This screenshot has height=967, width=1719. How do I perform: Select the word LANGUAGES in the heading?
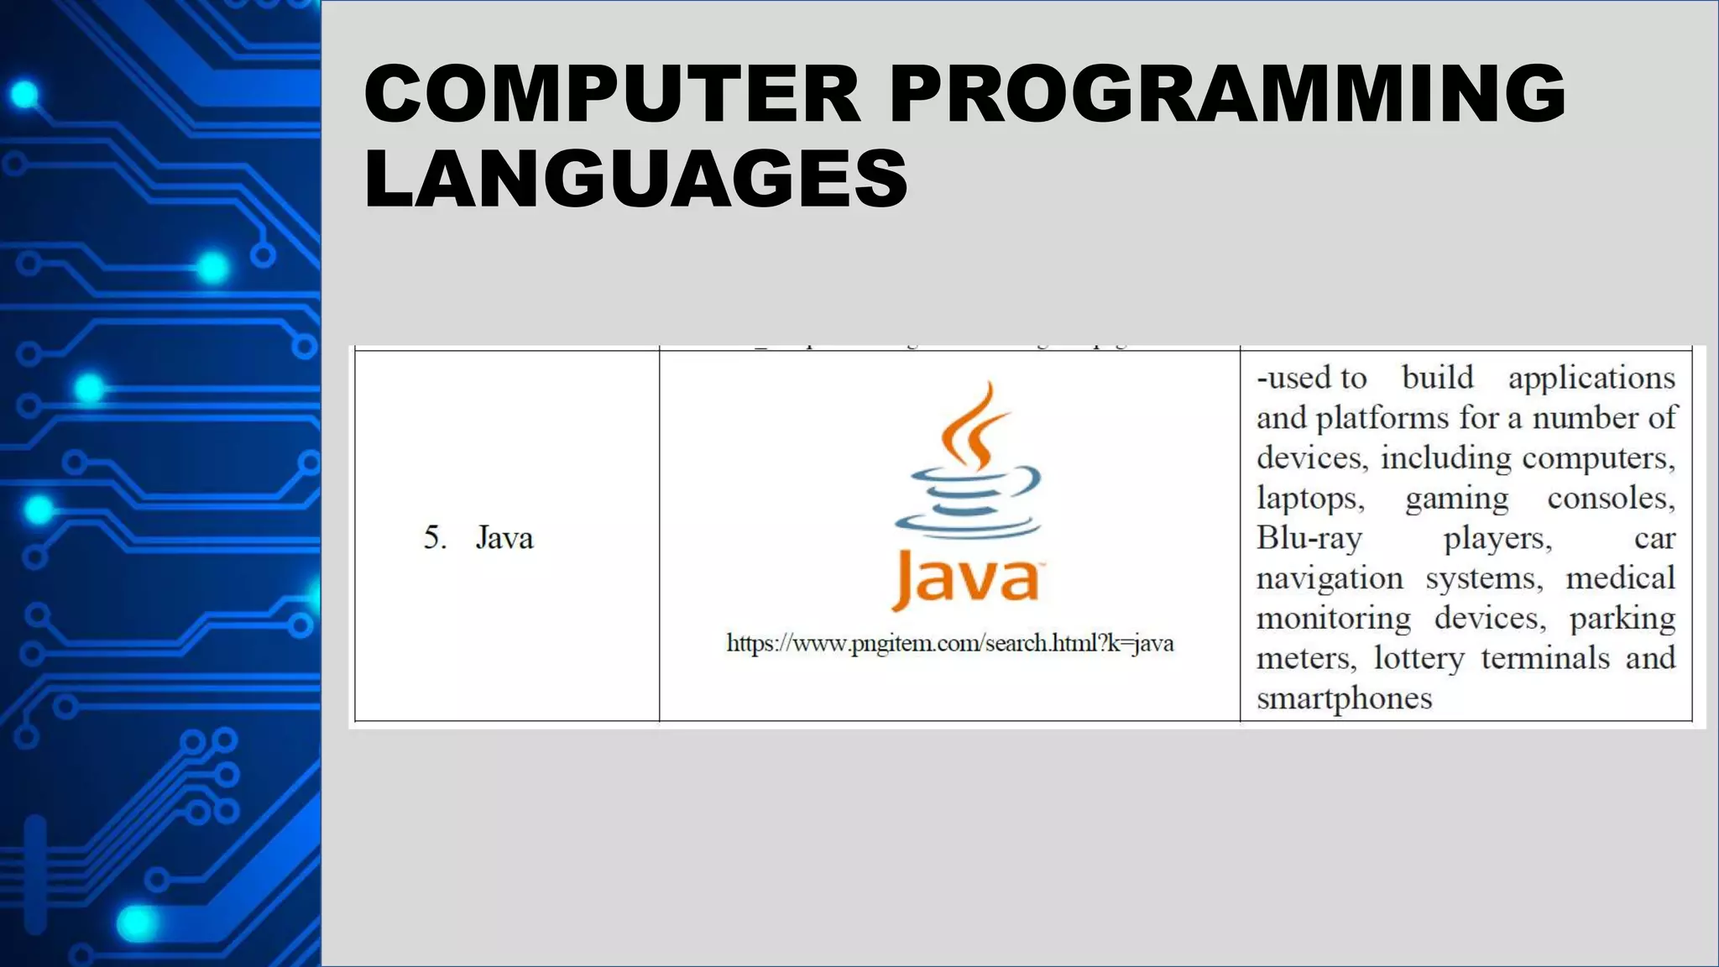tap(635, 178)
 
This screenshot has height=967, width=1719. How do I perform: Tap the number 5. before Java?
tap(435, 537)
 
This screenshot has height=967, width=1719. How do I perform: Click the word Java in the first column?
tap(504, 537)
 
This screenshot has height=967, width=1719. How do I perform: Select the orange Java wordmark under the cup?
tap(965, 578)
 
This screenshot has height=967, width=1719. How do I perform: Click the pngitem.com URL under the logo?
tap(949, 644)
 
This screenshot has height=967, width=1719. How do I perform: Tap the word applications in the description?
tap(1591, 378)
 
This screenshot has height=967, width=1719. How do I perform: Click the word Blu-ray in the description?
tap(1309, 537)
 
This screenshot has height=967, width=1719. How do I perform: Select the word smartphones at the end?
tap(1344, 698)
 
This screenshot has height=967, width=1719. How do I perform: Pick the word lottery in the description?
tap(1419, 658)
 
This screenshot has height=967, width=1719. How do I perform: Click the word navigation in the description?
tap(1329, 578)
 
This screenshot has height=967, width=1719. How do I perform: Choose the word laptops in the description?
tap(1309, 499)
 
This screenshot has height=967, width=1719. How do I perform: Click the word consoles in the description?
tap(1610, 499)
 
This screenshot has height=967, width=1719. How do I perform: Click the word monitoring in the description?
tap(1333, 619)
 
